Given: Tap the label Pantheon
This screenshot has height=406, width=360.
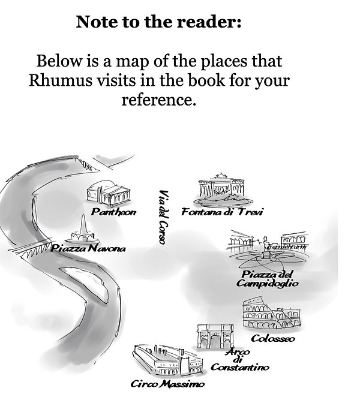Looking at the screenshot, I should tap(113, 212).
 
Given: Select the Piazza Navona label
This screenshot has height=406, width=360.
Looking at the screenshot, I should tap(88, 248).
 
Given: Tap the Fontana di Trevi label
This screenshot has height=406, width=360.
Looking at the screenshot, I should tap(222, 212).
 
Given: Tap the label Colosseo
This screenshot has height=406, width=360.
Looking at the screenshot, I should tap(272, 339).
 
